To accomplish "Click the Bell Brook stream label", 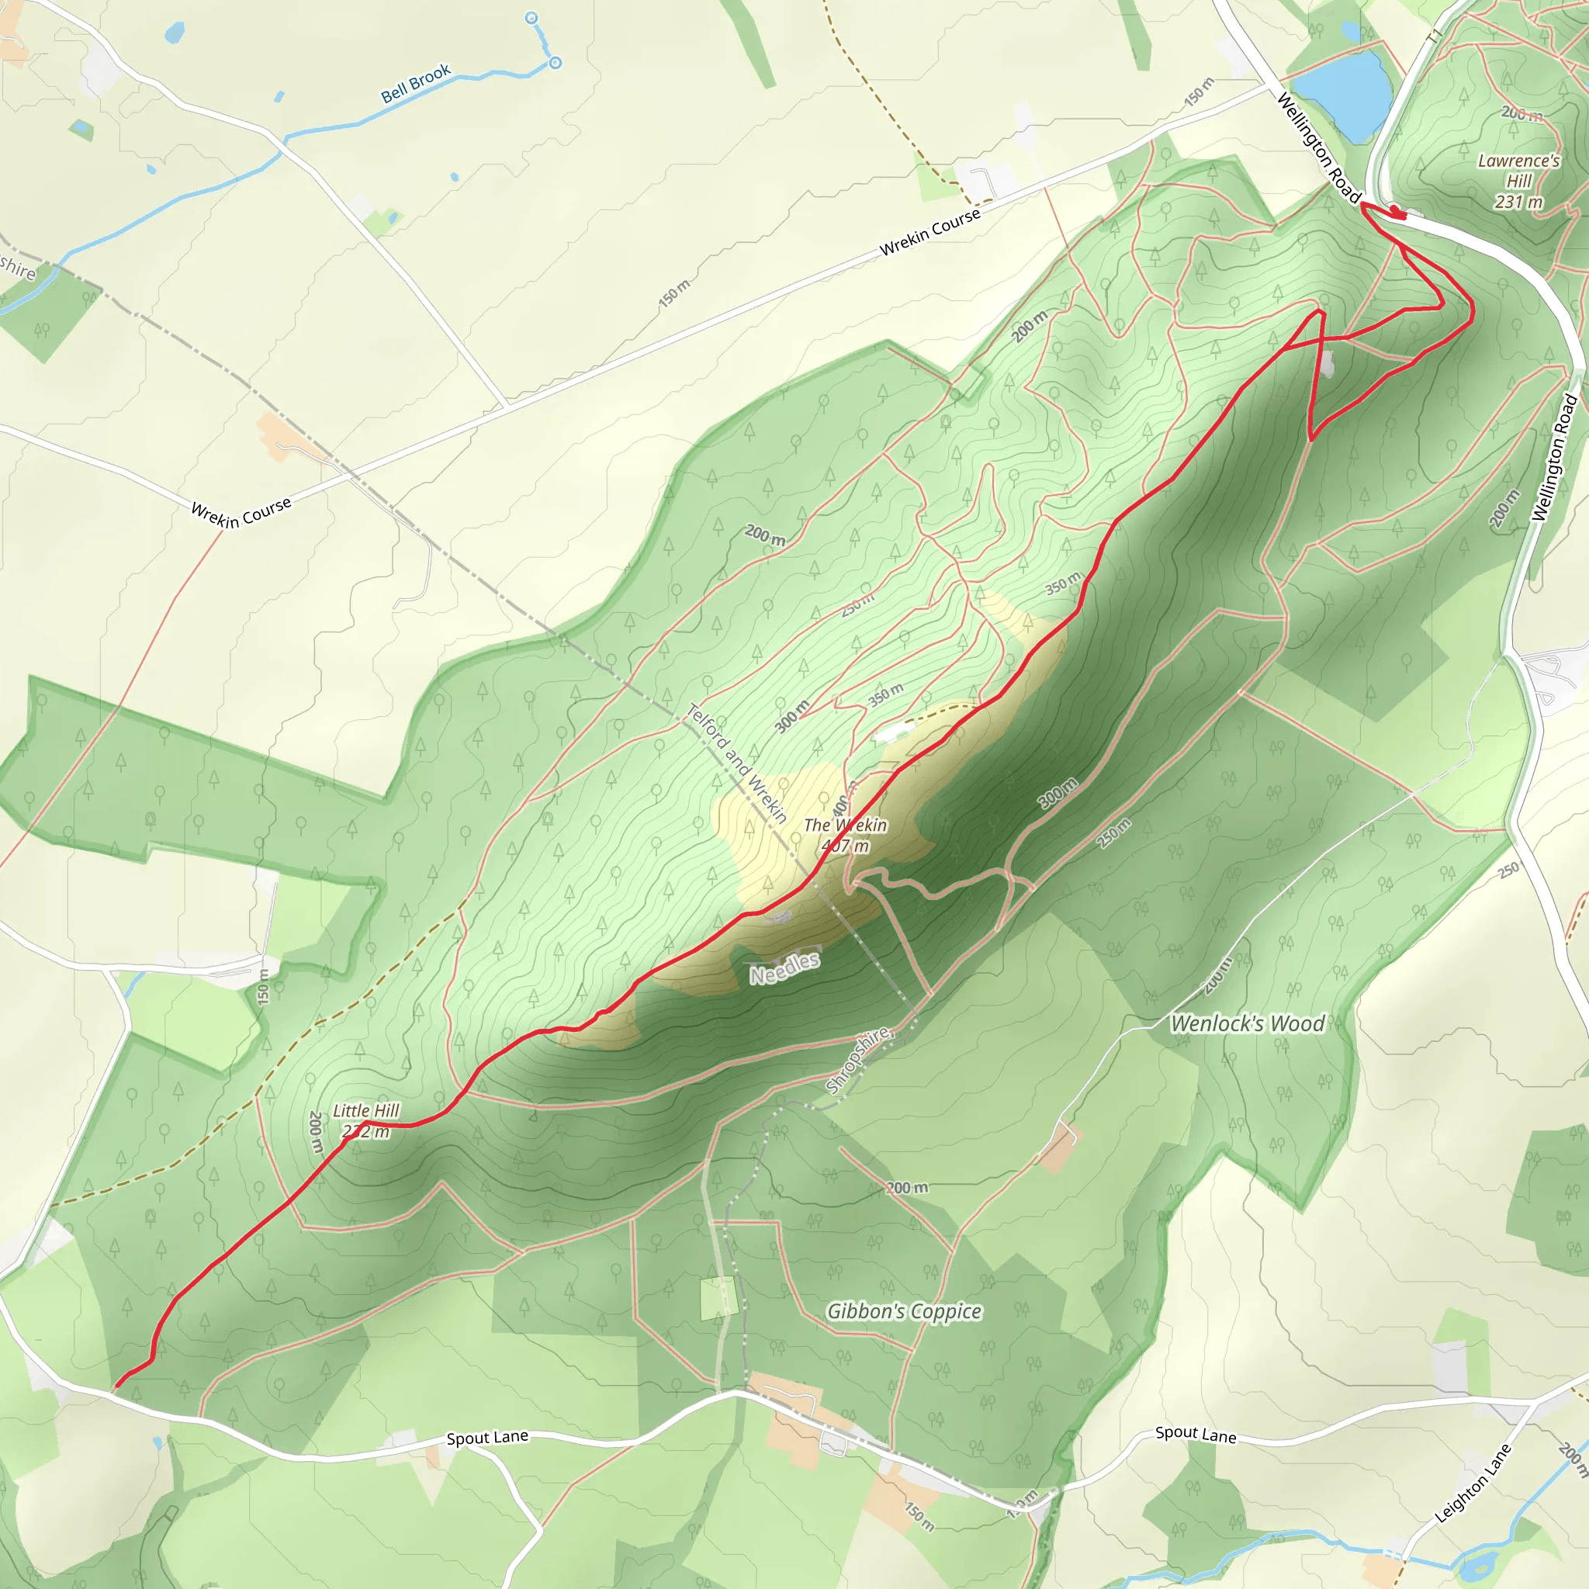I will click(x=415, y=83).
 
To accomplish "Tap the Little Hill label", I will click(x=366, y=1111).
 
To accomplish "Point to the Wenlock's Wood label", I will click(x=1247, y=1024).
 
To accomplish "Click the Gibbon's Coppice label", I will click(x=904, y=1311).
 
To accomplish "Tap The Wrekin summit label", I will click(x=845, y=825).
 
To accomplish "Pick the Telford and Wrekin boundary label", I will click(x=737, y=763).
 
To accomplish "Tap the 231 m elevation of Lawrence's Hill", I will click(x=1518, y=202).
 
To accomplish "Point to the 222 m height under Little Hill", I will click(x=366, y=1132).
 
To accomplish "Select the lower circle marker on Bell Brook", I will click(x=556, y=63).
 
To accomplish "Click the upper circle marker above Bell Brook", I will click(x=531, y=18).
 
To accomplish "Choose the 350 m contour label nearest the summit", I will click(x=885, y=696).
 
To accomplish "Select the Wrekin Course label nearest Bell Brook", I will click(x=930, y=232).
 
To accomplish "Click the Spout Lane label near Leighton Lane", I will click(x=1195, y=1435).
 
